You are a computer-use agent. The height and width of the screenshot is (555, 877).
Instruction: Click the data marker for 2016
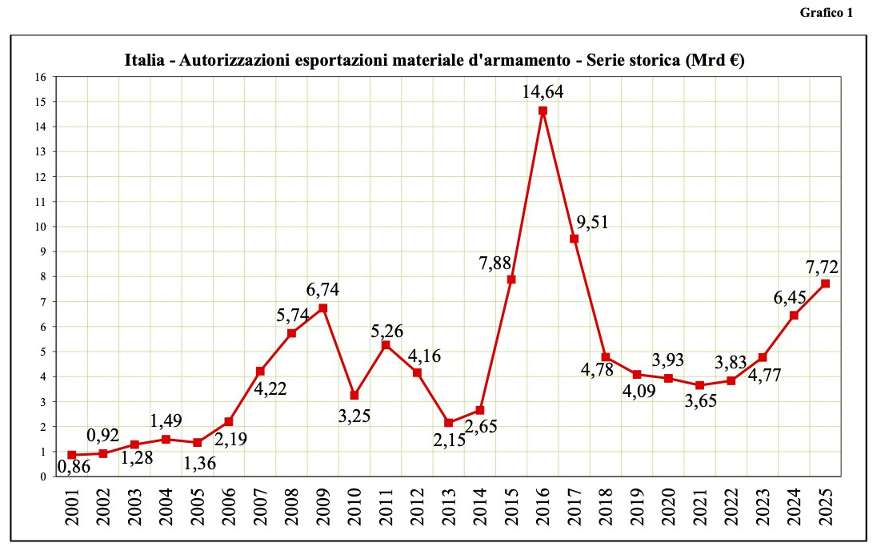[543, 111]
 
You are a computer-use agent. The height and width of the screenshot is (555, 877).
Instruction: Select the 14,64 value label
[543, 91]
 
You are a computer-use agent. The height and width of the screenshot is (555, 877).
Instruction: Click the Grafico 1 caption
[826, 13]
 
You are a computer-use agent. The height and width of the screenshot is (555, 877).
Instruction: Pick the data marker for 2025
[825, 284]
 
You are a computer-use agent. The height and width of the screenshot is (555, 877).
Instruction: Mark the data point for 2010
[354, 395]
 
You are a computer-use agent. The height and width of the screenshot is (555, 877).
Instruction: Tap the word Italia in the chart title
[143, 60]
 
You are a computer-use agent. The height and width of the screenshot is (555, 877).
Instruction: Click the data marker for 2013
[449, 422]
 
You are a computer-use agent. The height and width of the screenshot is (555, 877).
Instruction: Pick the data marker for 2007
[260, 371]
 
